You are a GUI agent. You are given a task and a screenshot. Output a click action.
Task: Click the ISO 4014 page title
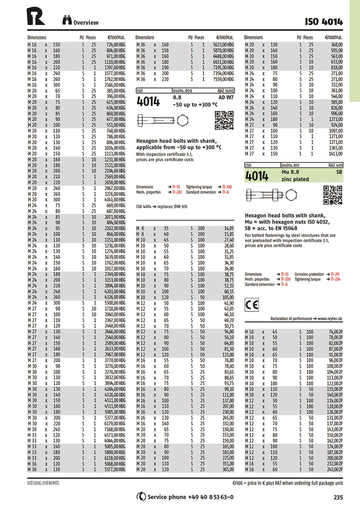pyautogui.click(x=324, y=22)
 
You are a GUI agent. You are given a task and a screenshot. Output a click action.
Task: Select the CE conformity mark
pyautogui.click(x=252, y=305)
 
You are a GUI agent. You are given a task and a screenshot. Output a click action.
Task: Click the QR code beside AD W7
pyautogui.click(x=224, y=120)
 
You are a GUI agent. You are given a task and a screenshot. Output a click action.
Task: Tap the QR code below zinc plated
pyautogui.click(x=332, y=195)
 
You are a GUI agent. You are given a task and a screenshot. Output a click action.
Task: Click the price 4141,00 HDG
pyautogui.click(x=116, y=200)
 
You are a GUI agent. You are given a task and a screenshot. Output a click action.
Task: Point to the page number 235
pyautogui.click(x=338, y=497)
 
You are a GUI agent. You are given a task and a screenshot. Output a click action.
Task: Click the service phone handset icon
pyautogui.click(x=141, y=497)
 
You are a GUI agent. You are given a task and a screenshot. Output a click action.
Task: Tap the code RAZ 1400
pyautogui.click(x=226, y=91)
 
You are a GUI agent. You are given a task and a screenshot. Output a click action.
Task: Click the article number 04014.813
pyautogui.click(x=291, y=165)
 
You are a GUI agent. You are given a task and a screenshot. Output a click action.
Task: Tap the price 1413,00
pyautogui.click(x=335, y=154)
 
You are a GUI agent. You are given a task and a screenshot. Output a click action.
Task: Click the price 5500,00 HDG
pyautogui.click(x=116, y=303)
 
